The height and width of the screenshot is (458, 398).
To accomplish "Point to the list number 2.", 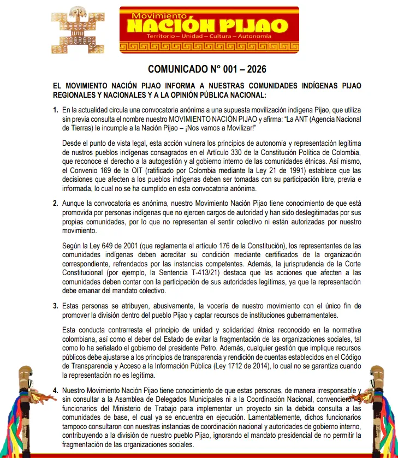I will [x=55, y=203].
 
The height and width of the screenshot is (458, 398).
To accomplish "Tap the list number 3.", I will [x=55, y=306].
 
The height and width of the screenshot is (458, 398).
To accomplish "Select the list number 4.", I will [x=55, y=391].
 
